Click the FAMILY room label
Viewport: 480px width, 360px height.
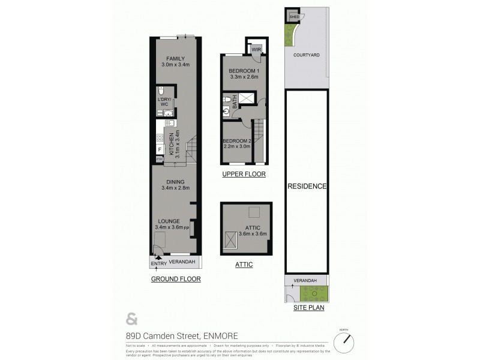click(x=175, y=58)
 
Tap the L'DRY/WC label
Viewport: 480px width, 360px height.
click(x=164, y=102)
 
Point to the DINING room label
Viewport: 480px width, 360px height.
click(x=175, y=182)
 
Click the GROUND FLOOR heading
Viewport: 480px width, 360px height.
click(x=175, y=279)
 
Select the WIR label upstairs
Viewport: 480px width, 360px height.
click(x=256, y=49)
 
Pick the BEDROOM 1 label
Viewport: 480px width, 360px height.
click(x=243, y=71)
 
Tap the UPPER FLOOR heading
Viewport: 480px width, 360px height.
click(x=244, y=174)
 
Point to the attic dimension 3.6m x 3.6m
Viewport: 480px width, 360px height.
click(x=252, y=233)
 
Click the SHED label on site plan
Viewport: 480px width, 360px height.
click(x=293, y=17)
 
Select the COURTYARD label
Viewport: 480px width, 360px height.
click(x=306, y=55)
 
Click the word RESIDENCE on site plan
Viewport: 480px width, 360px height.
click(x=306, y=186)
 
